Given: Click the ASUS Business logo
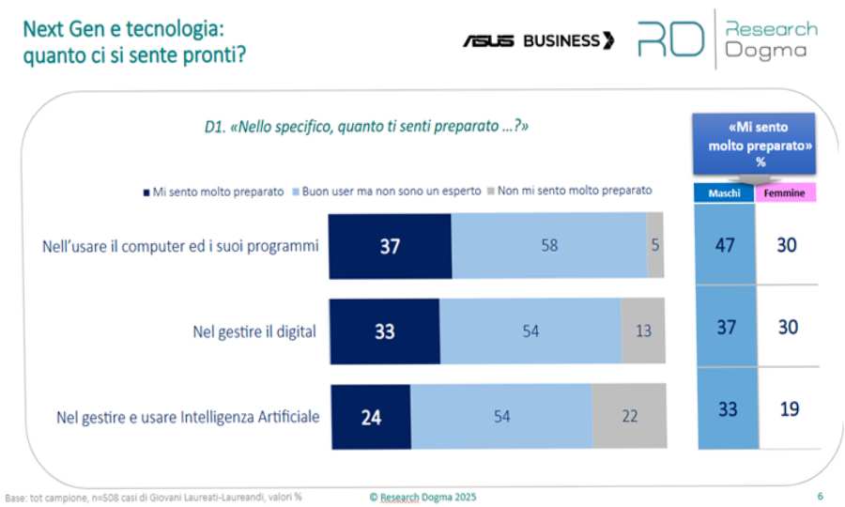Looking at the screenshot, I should pos(538,40).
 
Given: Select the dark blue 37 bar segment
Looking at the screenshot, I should pos(390,246).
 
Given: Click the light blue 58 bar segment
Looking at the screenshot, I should pos(548,246).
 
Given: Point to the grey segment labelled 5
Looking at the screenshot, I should pos(655,246).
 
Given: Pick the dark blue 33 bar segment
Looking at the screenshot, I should pos(383,330).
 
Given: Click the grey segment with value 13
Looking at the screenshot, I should pos(642,330).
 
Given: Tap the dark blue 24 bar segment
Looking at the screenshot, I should pos(369,416).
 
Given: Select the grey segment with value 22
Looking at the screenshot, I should pos(628,416).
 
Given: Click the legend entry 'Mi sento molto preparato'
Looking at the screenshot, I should pos(213,191).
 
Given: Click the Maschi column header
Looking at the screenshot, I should pos(724,193).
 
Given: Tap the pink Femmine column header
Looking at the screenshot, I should pos(786,193).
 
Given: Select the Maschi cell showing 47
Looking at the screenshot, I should pos(724,246).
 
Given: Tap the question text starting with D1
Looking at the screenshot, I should pos(366,125).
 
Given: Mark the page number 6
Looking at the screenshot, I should pos(820,497).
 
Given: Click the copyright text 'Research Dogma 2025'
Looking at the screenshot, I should pos(425,497).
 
